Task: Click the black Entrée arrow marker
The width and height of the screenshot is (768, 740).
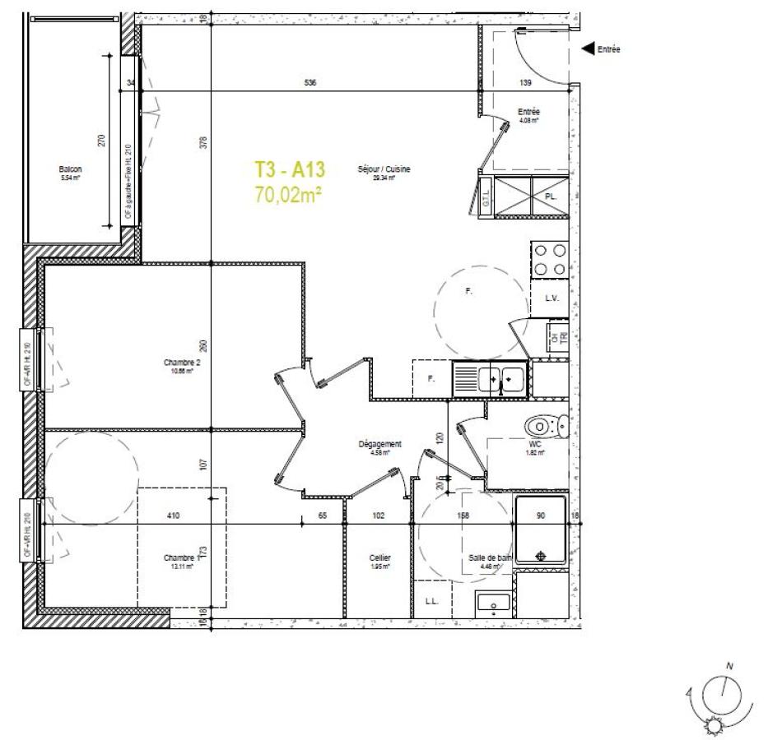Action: pos(588,49)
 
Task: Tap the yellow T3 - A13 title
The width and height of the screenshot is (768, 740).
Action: pos(291,170)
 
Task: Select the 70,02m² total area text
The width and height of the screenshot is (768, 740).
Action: pos(287,195)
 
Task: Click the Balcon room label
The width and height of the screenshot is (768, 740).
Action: pos(70,169)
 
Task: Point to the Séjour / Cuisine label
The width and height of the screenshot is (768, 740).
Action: pos(384,169)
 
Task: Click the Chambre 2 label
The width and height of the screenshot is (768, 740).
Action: pos(182,363)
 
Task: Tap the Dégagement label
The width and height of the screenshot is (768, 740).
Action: pos(379,444)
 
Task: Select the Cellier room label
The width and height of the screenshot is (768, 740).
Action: pos(379,557)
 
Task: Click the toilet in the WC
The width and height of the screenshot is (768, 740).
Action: pos(544,426)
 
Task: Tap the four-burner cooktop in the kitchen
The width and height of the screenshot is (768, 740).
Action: pos(550,259)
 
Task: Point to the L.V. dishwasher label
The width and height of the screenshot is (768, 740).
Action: pos(552,298)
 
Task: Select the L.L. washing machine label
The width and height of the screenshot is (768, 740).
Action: pos(431,601)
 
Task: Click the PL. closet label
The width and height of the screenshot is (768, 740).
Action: pos(552,197)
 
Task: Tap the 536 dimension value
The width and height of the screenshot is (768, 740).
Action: pos(310,82)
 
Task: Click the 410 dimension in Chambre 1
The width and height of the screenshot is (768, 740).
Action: pos(174,516)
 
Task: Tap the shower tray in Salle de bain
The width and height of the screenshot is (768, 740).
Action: pos(541,530)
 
